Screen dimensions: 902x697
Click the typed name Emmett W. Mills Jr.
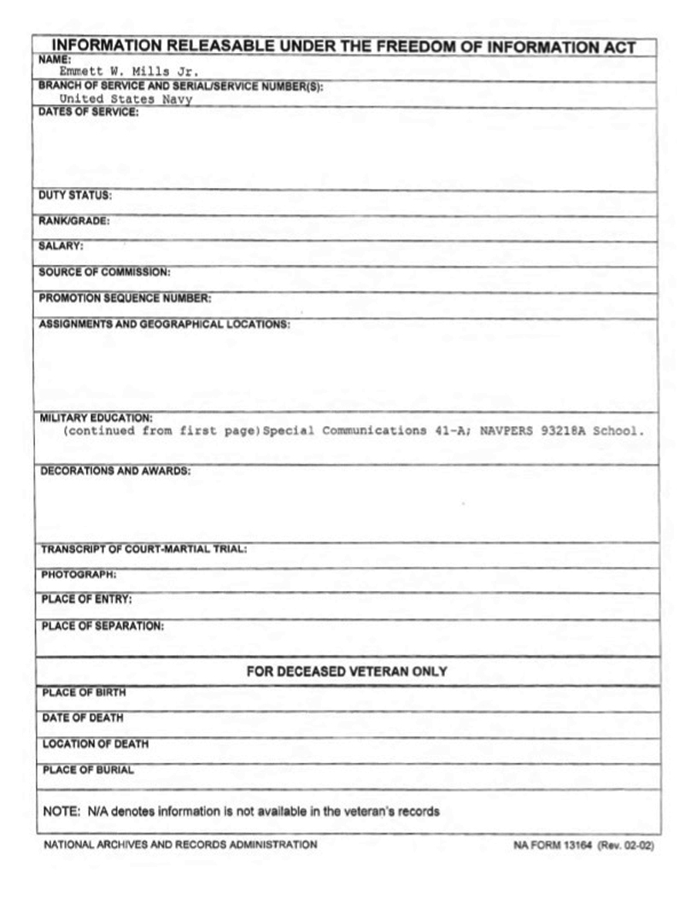click(x=128, y=72)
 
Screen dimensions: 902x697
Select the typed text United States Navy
click(x=126, y=99)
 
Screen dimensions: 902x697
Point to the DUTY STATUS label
click(x=75, y=196)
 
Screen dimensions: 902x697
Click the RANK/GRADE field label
click(x=74, y=221)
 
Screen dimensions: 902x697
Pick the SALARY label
click(x=61, y=247)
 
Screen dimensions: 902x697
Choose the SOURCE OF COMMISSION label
click(x=104, y=272)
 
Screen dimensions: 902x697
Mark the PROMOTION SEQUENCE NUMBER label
click(x=125, y=298)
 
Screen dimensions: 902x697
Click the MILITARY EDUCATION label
click(x=96, y=418)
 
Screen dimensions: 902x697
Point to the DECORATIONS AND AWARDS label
click(x=115, y=471)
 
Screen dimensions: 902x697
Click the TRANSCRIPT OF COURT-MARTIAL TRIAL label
click(x=143, y=548)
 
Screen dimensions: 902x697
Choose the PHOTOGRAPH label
click(x=79, y=574)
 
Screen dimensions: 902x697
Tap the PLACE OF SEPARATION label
click(x=102, y=626)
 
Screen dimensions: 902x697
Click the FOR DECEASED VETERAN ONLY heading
click(x=347, y=672)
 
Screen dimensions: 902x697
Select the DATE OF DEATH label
click(x=82, y=718)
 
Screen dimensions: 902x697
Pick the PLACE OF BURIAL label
click(x=87, y=770)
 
